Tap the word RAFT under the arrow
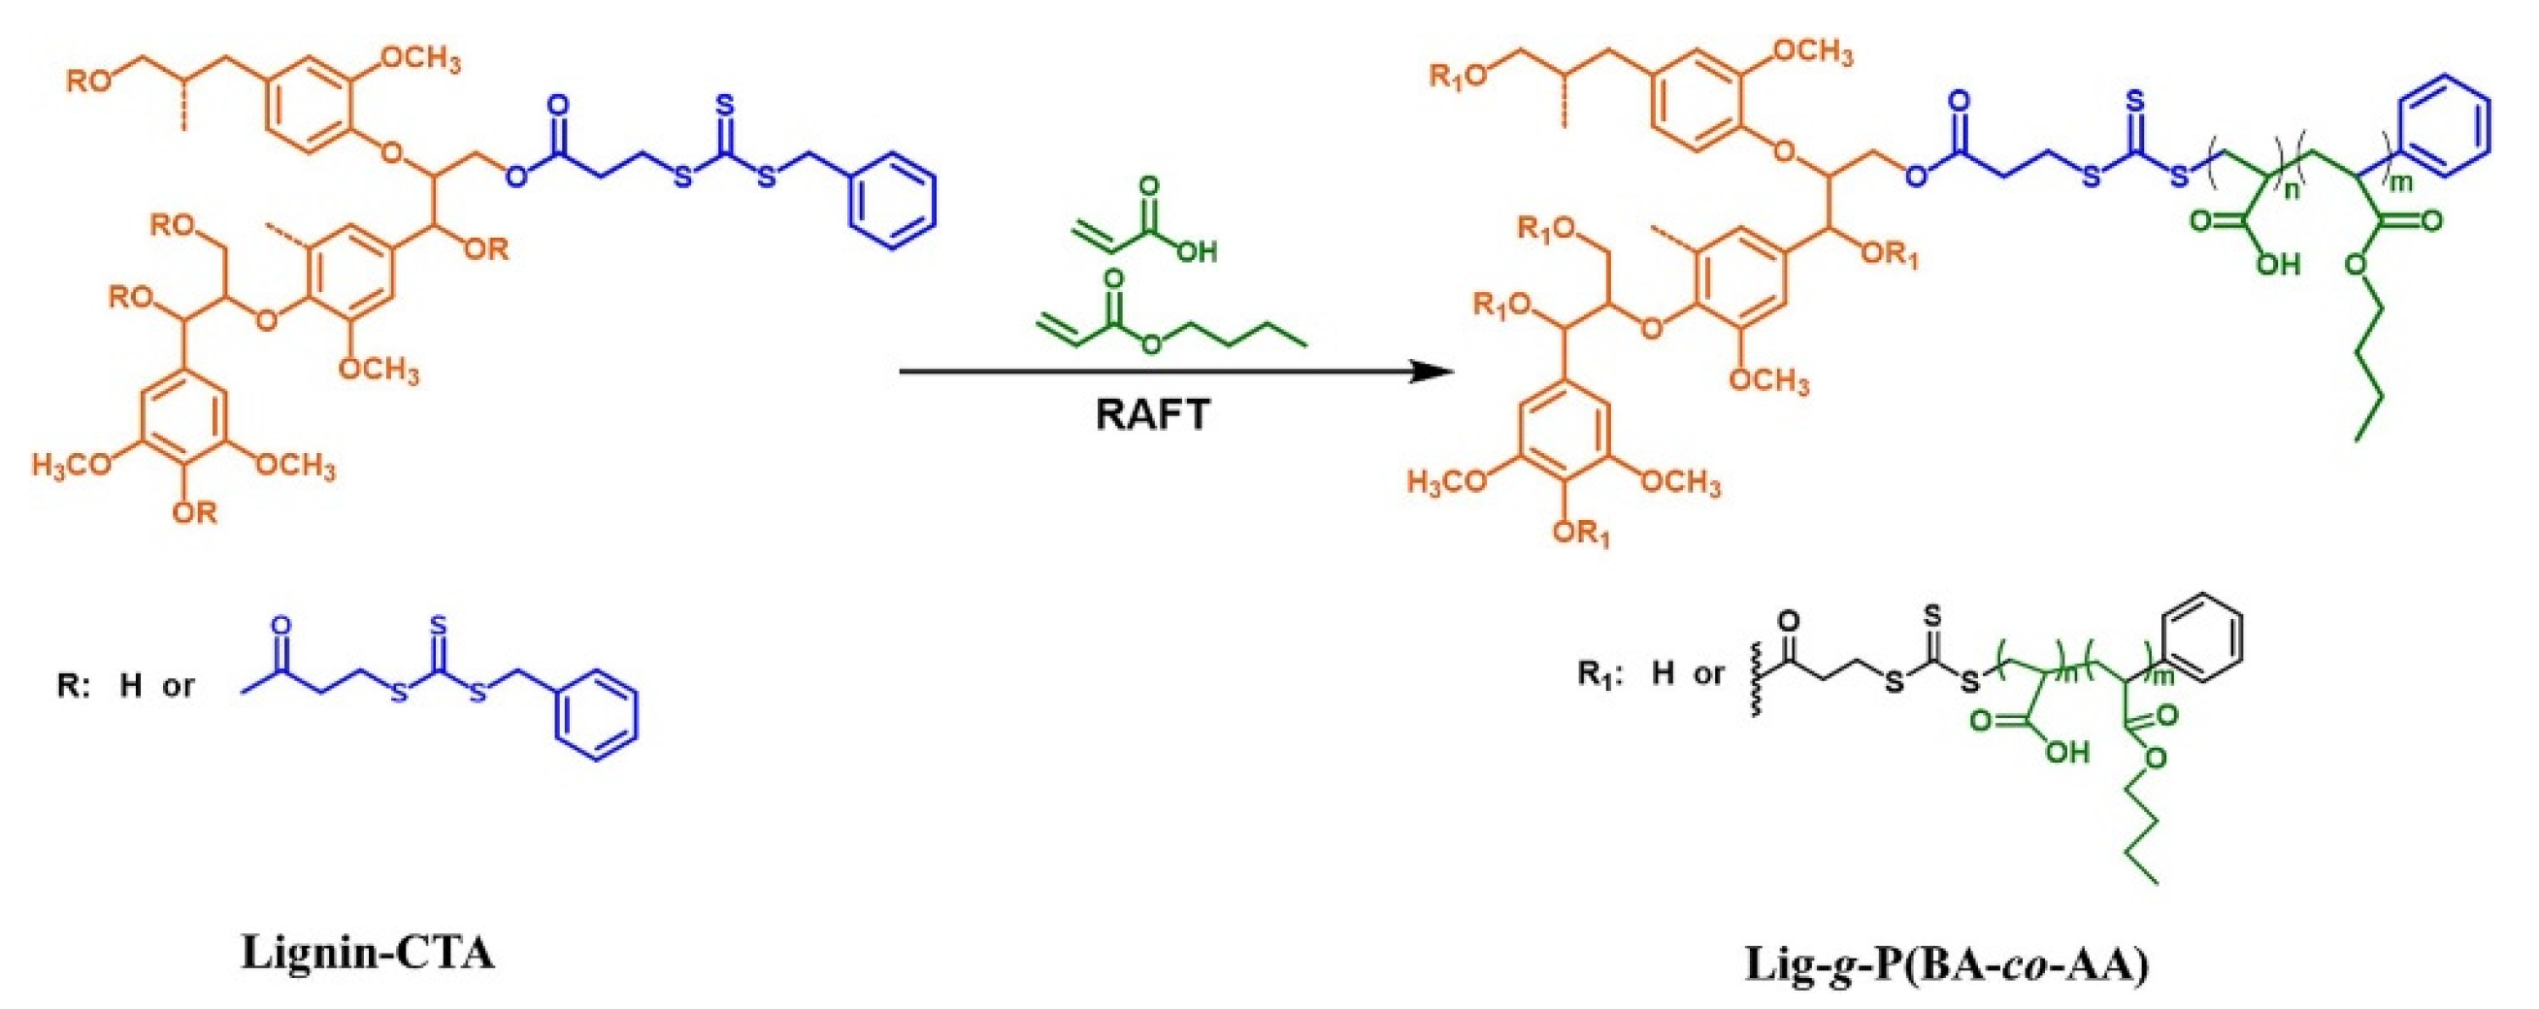pos(1152,414)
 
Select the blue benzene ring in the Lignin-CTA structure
pos(893,206)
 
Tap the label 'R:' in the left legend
pos(74,685)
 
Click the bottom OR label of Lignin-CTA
pos(193,512)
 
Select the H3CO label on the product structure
pos(1448,483)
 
